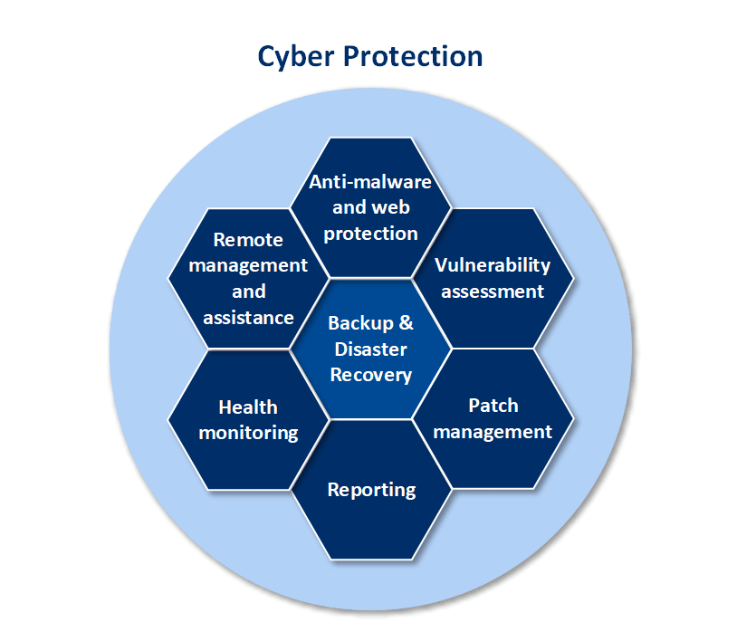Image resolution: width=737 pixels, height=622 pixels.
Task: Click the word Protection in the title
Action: pyautogui.click(x=413, y=56)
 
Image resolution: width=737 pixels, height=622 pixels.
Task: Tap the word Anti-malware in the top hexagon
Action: pyautogui.click(x=370, y=181)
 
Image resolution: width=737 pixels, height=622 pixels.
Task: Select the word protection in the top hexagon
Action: pyautogui.click(x=371, y=234)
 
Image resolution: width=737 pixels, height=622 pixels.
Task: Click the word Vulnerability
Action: pyautogui.click(x=493, y=265)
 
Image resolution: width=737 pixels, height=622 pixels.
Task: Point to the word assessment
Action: pyautogui.click(x=493, y=292)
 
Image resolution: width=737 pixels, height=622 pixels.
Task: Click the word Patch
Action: pyautogui.click(x=493, y=406)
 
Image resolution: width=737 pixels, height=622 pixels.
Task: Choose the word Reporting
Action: pyautogui.click(x=371, y=490)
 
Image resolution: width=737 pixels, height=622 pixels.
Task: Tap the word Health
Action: pyautogui.click(x=248, y=407)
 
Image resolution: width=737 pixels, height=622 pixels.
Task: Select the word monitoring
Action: pyautogui.click(x=248, y=434)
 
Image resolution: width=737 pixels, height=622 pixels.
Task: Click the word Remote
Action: pyautogui.click(x=248, y=240)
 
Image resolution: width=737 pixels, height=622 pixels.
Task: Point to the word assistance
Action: pyautogui.click(x=248, y=318)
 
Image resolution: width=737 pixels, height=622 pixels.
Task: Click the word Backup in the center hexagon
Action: pyautogui.click(x=360, y=323)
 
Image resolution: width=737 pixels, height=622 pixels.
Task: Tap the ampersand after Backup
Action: pyautogui.click(x=407, y=322)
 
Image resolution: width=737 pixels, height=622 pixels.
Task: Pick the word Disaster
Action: pyautogui.click(x=371, y=349)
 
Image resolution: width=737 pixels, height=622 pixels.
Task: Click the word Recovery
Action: pyautogui.click(x=371, y=375)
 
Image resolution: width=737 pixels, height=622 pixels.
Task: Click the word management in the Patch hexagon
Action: pyautogui.click(x=493, y=432)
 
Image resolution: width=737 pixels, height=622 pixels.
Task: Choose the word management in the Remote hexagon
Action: pyautogui.click(x=248, y=266)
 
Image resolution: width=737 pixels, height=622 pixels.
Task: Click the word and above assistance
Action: pyautogui.click(x=249, y=292)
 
